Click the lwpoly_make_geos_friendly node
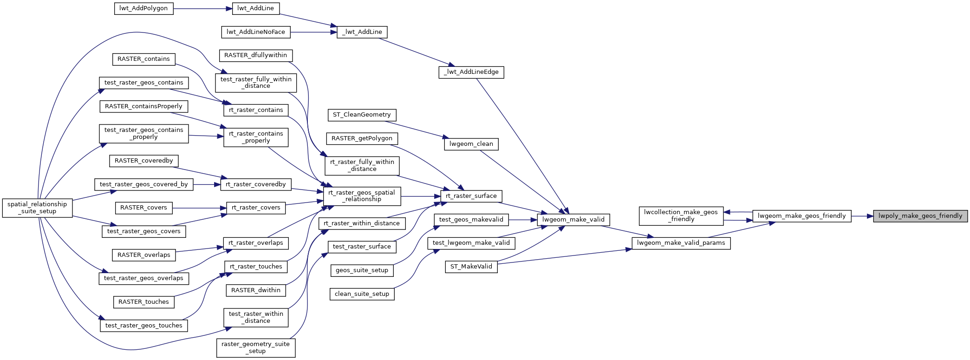[920, 216]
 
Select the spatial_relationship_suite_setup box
[37, 208]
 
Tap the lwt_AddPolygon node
[143, 8]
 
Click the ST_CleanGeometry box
[362, 115]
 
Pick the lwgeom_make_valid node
[573, 220]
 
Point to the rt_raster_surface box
[471, 196]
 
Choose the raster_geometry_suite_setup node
[255, 347]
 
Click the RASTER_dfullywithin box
[255, 55]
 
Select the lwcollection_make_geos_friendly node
[681, 216]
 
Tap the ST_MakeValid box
[471, 267]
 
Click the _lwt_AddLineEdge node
[471, 72]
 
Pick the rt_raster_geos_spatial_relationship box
[362, 196]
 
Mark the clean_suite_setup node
[362, 294]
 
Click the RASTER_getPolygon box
[362, 138]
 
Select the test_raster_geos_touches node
[143, 326]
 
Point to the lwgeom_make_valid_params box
[681, 243]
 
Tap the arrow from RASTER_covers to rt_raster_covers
[199, 208]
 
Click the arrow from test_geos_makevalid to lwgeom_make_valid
[523, 220]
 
